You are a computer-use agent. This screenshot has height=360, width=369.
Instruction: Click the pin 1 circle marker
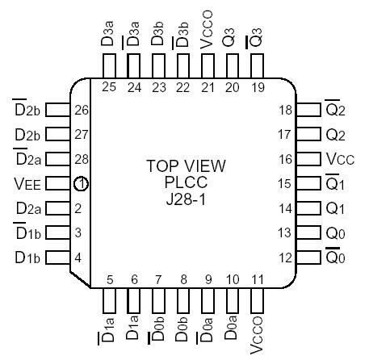click(x=81, y=184)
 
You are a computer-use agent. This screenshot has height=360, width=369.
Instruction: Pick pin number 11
click(x=257, y=280)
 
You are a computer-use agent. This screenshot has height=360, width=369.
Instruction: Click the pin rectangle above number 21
click(x=208, y=65)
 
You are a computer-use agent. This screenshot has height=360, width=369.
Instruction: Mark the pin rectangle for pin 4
click(x=56, y=257)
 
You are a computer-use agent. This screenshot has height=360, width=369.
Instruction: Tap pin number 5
click(x=110, y=280)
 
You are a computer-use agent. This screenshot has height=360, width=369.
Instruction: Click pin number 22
click(x=183, y=87)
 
